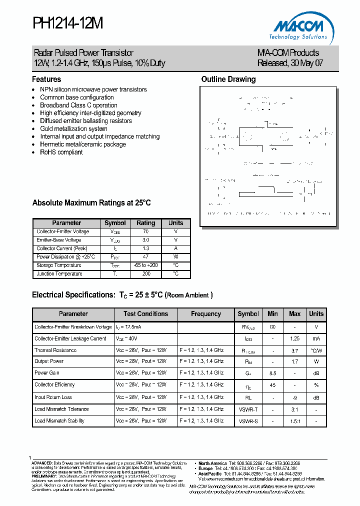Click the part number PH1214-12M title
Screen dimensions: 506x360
click(x=68, y=23)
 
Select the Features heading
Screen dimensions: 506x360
click(x=46, y=79)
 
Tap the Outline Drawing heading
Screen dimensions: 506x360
click(x=228, y=79)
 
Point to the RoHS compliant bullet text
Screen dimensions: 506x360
click(x=61, y=152)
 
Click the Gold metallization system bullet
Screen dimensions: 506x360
click(x=73, y=128)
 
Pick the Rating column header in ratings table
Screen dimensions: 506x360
click(x=146, y=223)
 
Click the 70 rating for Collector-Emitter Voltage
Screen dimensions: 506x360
click(x=146, y=232)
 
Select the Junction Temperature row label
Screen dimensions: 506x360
click(x=59, y=274)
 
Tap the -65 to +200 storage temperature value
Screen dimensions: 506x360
click(x=146, y=265)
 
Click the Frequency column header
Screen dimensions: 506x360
click(x=206, y=314)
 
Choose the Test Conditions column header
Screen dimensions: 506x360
click(x=146, y=314)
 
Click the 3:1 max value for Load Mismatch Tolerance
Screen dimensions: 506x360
click(x=295, y=409)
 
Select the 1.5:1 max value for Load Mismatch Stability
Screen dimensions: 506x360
click(x=295, y=421)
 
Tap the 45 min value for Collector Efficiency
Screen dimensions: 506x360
click(x=272, y=385)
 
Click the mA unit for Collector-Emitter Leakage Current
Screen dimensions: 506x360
click(x=316, y=338)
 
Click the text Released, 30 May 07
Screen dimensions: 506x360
click(x=290, y=63)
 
